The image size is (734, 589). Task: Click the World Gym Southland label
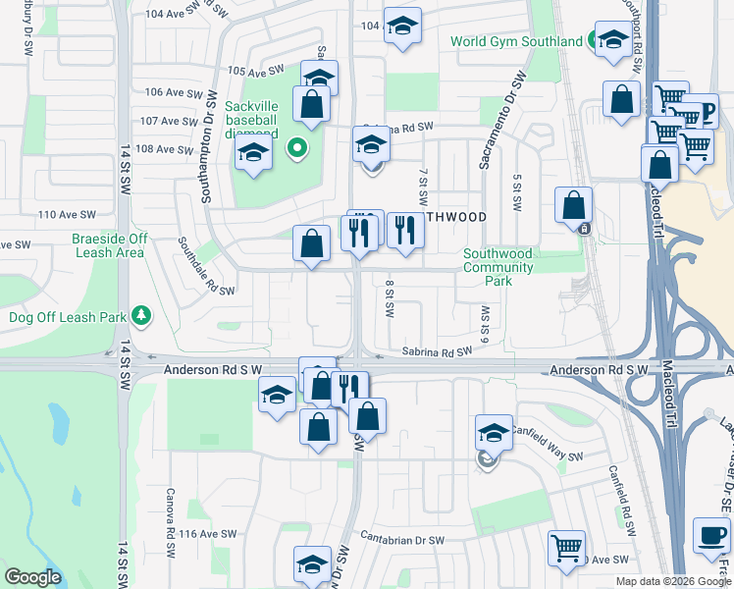(516, 42)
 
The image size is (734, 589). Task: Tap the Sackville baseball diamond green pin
(295, 149)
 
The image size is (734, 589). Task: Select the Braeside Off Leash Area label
(109, 245)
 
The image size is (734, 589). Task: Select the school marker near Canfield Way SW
(494, 432)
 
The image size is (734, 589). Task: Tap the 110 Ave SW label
(67, 214)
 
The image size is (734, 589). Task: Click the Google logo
(33, 577)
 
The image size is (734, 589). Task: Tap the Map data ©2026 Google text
(673, 581)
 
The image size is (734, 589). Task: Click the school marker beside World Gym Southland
(612, 41)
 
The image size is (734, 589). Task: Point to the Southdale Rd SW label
(206, 265)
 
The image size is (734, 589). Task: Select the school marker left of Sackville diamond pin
(252, 154)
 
